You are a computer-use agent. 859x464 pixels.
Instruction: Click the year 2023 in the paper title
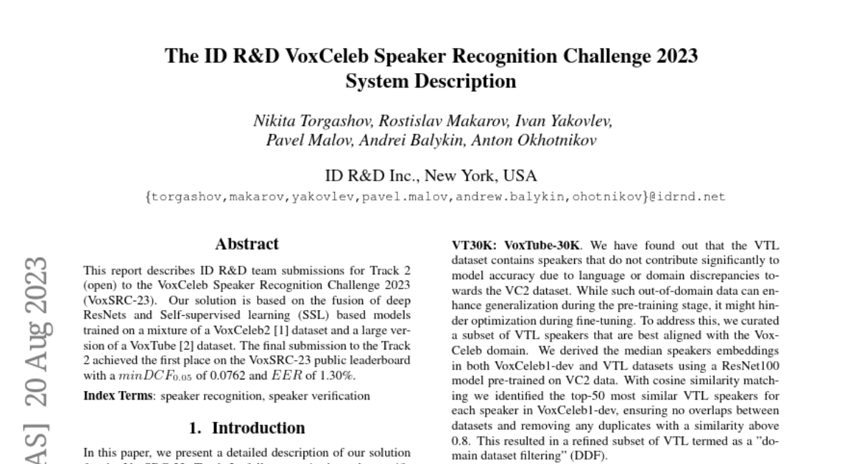pyautogui.click(x=674, y=56)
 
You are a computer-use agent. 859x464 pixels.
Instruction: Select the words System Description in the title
pyautogui.click(x=430, y=81)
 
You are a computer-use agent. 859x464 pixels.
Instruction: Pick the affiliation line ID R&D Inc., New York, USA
pyautogui.click(x=430, y=175)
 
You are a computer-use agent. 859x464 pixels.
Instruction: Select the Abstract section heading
pyautogui.click(x=246, y=244)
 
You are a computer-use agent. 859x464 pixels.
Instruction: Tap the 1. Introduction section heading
pyautogui.click(x=246, y=428)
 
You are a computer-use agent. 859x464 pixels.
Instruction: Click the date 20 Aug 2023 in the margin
pyautogui.click(x=36, y=330)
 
